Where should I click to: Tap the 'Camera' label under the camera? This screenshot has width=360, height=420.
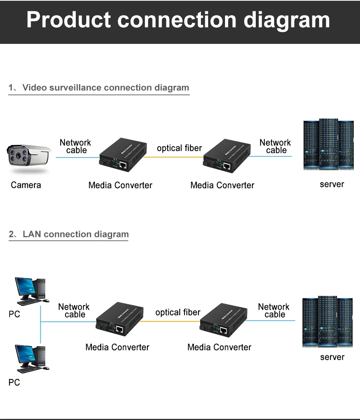click(x=26, y=185)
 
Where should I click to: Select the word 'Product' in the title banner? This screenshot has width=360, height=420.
click(x=68, y=20)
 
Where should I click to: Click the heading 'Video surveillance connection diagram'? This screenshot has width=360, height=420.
click(x=105, y=88)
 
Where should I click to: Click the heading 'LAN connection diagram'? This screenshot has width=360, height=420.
click(x=75, y=234)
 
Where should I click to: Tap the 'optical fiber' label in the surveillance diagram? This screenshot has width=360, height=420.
click(x=179, y=148)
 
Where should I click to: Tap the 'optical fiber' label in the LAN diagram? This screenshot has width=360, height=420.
click(x=178, y=312)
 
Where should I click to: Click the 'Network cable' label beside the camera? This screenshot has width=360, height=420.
click(x=75, y=146)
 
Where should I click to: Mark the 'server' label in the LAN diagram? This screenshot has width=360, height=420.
click(x=332, y=357)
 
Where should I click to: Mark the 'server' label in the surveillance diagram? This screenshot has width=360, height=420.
click(x=331, y=184)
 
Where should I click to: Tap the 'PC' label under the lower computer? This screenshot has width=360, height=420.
click(x=14, y=382)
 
